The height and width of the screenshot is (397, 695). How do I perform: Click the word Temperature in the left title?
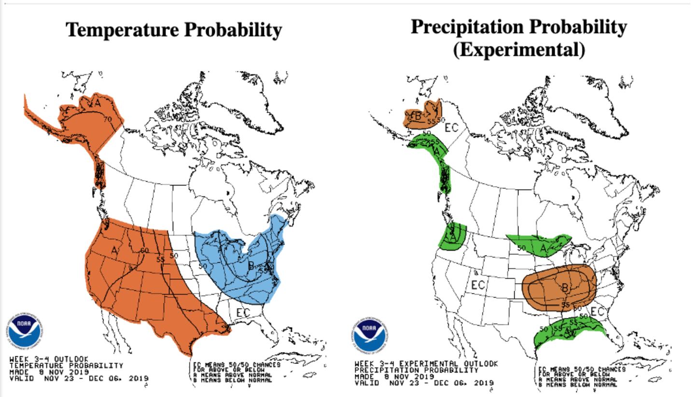coord(121,30)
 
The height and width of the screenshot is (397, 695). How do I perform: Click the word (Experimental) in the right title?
coord(518,49)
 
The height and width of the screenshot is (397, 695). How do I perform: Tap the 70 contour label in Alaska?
coord(108,119)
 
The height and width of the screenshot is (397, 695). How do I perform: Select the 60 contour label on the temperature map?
coord(144,250)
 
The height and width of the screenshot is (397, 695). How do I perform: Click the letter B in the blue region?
coord(251,265)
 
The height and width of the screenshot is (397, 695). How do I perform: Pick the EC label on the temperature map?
coord(243,312)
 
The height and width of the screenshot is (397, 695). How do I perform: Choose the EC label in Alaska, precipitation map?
coord(451,128)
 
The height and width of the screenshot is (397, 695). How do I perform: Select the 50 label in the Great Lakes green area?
coord(521,248)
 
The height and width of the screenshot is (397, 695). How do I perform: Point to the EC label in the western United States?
coord(478,285)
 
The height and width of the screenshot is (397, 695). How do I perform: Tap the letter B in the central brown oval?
coord(565,288)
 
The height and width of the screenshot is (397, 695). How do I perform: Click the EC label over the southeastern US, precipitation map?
coord(598,312)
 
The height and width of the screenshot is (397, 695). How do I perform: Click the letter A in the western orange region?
coord(114,250)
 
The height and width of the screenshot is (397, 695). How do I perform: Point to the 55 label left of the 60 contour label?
coord(161,259)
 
